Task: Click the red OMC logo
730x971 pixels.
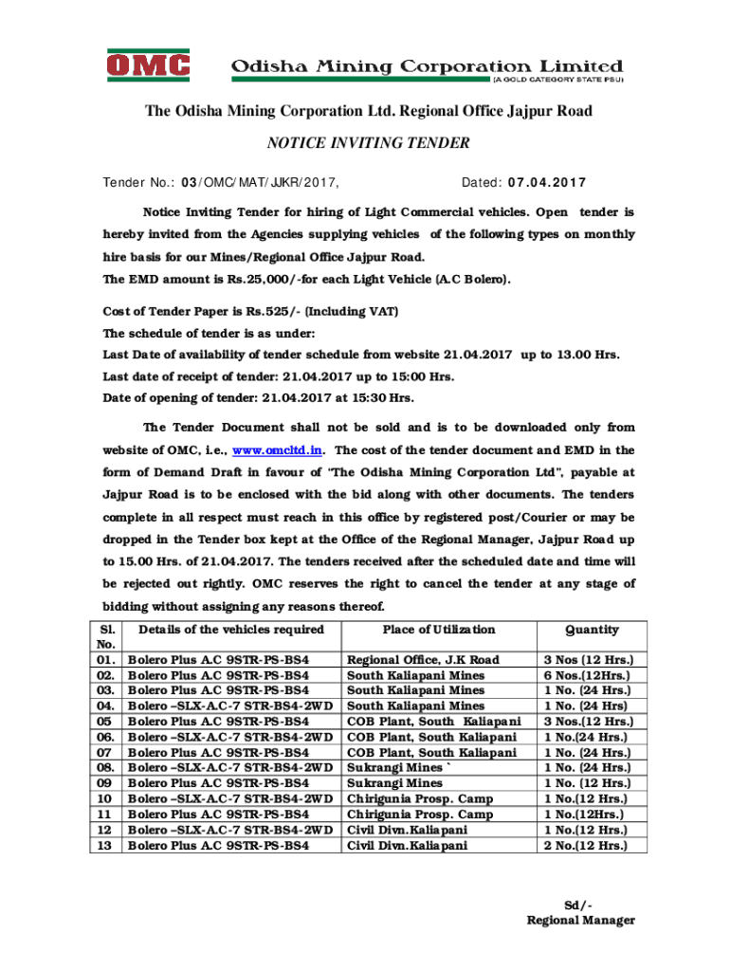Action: (147, 67)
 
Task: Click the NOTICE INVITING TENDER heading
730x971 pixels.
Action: (368, 143)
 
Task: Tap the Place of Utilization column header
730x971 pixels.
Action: (438, 630)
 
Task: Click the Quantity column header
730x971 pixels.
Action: (592, 630)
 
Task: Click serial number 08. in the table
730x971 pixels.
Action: (107, 767)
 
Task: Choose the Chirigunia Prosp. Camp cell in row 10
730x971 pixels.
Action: (420, 798)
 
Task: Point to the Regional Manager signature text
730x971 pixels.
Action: (580, 920)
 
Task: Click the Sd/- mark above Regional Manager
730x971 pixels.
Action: (578, 904)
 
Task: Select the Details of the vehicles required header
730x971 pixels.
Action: (230, 630)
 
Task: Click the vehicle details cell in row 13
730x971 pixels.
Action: (218, 845)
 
